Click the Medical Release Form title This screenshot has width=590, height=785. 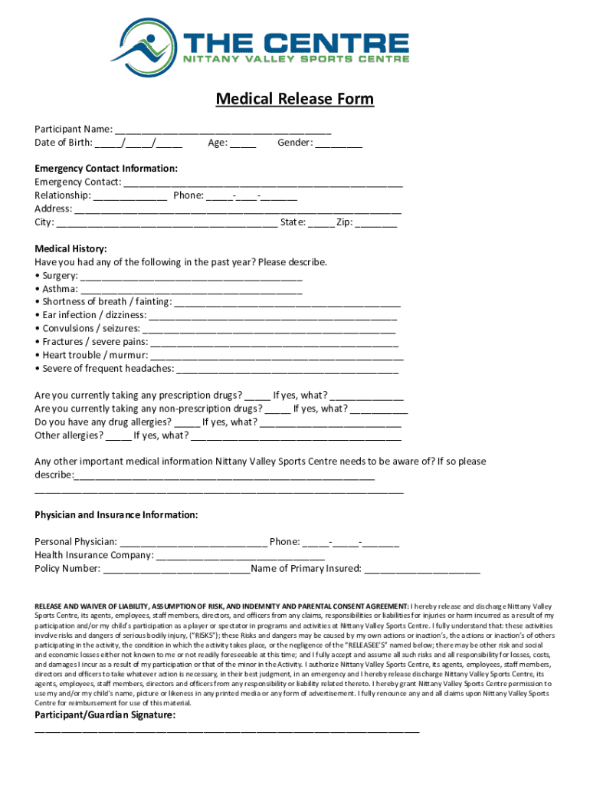tap(295, 99)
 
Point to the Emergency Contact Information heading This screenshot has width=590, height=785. tap(106, 168)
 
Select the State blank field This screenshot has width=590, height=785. tap(322, 224)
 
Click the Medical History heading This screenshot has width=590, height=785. tap(70, 248)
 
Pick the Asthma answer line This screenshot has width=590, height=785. tap(192, 291)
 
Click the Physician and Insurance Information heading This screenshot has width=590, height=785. tap(116, 514)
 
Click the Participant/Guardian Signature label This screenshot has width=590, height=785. tap(105, 715)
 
